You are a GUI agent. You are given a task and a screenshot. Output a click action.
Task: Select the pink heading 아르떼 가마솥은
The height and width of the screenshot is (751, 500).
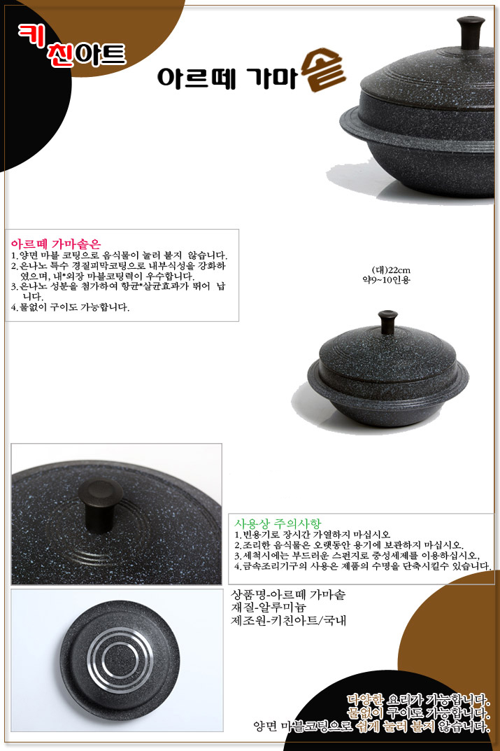pos(56,244)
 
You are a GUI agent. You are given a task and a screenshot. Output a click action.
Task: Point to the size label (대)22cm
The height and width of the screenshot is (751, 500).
pos(390,270)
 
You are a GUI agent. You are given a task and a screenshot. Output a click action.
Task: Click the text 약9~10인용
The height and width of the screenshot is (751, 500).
pos(385,280)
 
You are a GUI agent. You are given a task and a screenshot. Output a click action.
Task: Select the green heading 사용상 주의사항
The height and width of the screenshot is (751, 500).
pos(278,523)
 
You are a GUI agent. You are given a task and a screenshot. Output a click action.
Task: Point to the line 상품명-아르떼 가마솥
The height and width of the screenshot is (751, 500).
pos(288,595)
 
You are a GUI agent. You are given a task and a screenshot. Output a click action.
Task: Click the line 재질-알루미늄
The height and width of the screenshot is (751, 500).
pos(269,608)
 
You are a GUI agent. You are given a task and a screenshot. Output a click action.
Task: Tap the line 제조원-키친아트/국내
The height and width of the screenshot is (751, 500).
pos(289,621)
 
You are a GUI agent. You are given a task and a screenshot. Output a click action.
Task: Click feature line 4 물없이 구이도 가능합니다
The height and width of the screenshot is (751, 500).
pos(70,307)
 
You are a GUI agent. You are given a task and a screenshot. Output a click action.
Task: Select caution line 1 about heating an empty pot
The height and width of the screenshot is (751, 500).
pos(312,534)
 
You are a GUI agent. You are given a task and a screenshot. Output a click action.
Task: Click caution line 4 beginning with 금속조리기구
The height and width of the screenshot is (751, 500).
pos(362,566)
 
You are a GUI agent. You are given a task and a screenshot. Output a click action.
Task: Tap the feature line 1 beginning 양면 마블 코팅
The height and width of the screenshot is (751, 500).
pos(119,255)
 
